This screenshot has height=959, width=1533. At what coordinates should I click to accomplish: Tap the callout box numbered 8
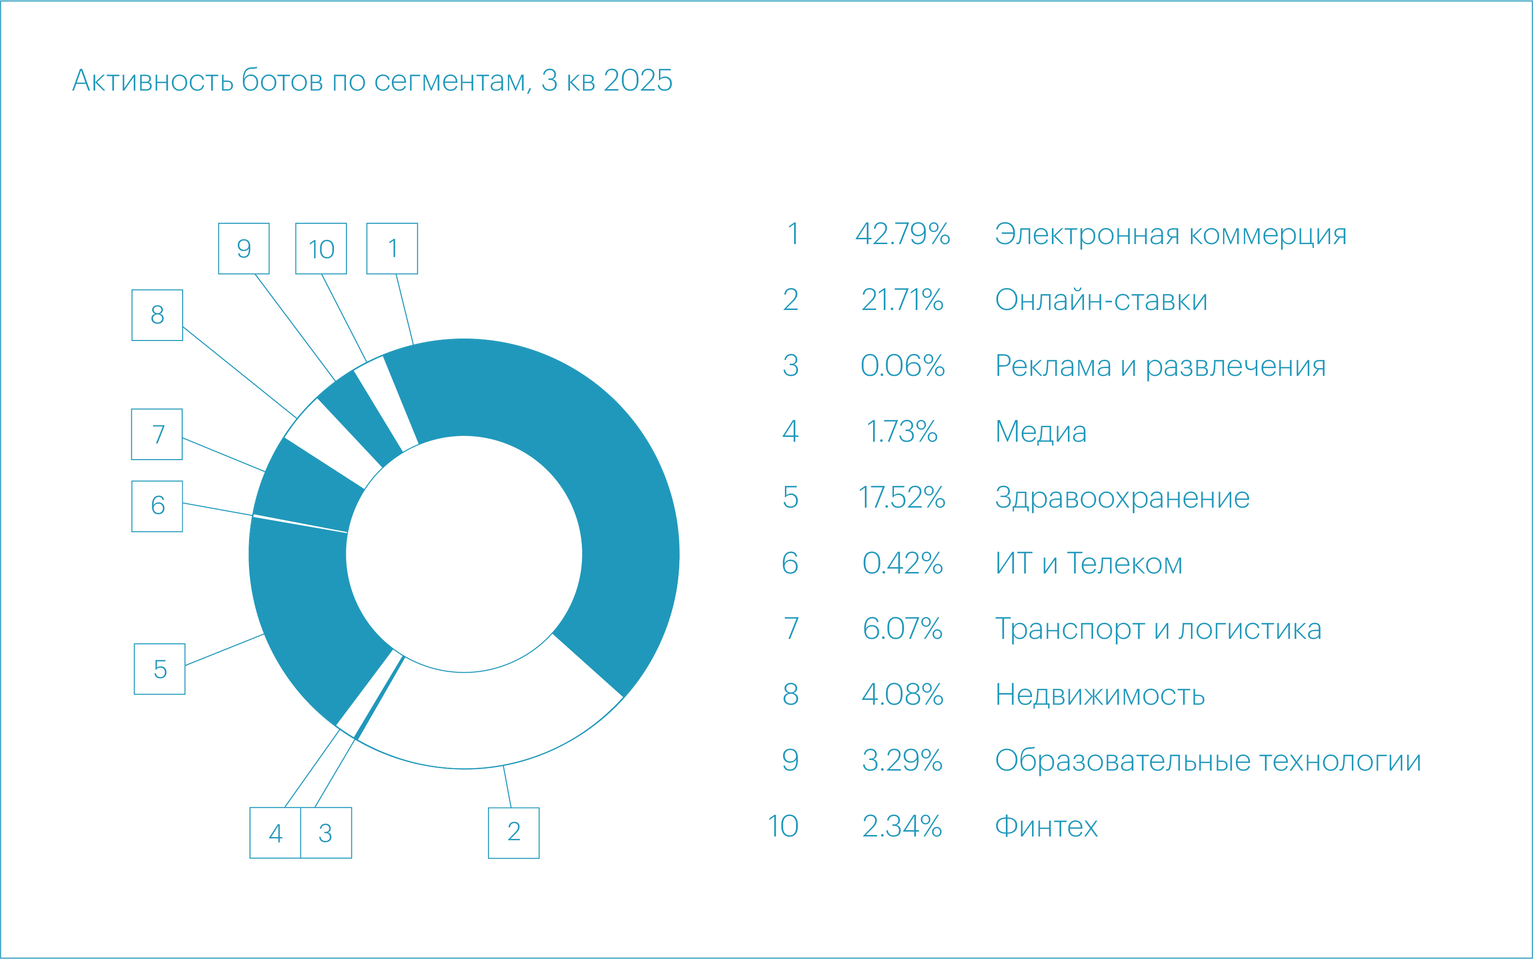pos(157,315)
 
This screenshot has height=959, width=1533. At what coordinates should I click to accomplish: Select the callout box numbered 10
pos(321,248)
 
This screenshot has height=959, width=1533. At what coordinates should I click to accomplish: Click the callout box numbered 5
pos(160,669)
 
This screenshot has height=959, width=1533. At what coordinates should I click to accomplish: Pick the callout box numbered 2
pos(513,833)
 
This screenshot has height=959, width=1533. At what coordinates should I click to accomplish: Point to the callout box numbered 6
pos(157,506)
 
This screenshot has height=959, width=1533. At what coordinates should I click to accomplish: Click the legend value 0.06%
pos(902,366)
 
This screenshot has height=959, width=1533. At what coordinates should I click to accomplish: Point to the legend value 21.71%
pos(902,300)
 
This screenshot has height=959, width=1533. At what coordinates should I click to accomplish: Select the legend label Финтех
pos(1046,826)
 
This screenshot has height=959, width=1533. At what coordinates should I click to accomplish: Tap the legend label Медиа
pos(1041,432)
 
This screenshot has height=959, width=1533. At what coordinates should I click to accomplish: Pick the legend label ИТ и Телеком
pos(1088,563)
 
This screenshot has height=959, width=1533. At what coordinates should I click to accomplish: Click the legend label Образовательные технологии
pos(1207,760)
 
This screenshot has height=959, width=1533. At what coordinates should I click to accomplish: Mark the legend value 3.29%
pos(902,760)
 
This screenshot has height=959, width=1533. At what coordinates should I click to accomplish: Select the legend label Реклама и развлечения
pos(1160,366)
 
